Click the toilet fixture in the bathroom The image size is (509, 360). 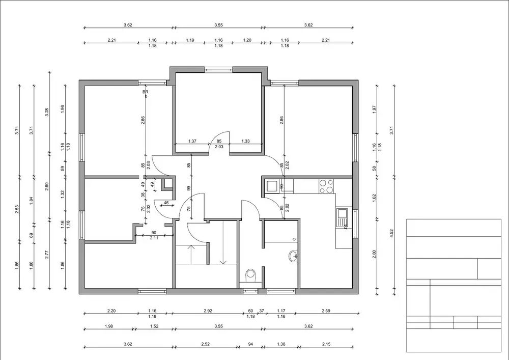pyautogui.click(x=250, y=275)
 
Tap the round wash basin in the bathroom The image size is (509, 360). pyautogui.click(x=293, y=257)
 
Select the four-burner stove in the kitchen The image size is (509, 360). pyautogui.click(x=326, y=186)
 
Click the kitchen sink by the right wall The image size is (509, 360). pyautogui.click(x=342, y=217)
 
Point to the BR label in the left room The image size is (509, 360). pyautogui.click(x=146, y=92)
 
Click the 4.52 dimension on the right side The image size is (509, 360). pyautogui.click(x=391, y=233)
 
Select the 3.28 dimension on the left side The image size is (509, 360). pyautogui.click(x=47, y=112)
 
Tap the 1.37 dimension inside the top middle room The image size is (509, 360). pyautogui.click(x=192, y=141)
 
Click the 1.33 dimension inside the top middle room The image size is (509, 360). pyautogui.click(x=246, y=141)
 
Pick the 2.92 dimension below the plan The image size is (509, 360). pyautogui.click(x=208, y=311)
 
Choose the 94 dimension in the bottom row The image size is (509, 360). pyautogui.click(x=250, y=344)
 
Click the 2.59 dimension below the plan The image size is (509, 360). pyautogui.click(x=326, y=311)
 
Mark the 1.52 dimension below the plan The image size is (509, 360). pyautogui.click(x=154, y=326)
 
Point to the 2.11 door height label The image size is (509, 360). pyautogui.click(x=154, y=238)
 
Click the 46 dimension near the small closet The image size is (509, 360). pyautogui.click(x=166, y=203)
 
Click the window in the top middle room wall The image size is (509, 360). pyautogui.click(x=218, y=69)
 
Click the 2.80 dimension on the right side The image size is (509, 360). pyautogui.click(x=374, y=254)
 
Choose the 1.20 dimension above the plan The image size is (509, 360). pyautogui.click(x=247, y=40)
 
